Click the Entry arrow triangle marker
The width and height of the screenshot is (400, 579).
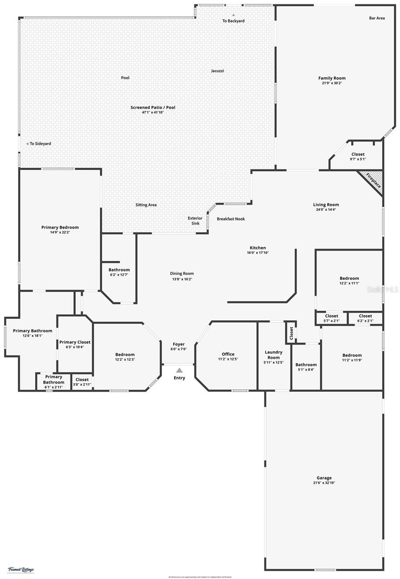[179, 370]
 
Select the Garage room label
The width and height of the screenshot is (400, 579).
[324, 478]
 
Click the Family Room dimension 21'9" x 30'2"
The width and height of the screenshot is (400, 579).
[332, 83]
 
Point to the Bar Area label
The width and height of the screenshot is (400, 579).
[377, 18]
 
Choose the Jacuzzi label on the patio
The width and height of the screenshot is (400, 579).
[217, 71]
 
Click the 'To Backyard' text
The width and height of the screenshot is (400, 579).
[233, 21]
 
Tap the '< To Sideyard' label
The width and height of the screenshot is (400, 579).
[39, 143]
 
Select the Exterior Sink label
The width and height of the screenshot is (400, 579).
[195, 221]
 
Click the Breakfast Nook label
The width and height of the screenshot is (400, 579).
[231, 219]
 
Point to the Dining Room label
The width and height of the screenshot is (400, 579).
[181, 274]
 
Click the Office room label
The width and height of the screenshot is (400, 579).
[228, 354]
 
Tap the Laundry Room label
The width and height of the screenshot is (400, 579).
[274, 355]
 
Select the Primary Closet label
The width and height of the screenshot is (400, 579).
[75, 342]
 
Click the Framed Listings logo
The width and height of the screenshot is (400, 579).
[21, 570]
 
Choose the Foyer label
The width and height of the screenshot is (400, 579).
[179, 344]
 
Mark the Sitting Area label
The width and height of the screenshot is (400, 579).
[146, 205]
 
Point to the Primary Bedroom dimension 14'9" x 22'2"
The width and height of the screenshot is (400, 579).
[60, 232]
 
